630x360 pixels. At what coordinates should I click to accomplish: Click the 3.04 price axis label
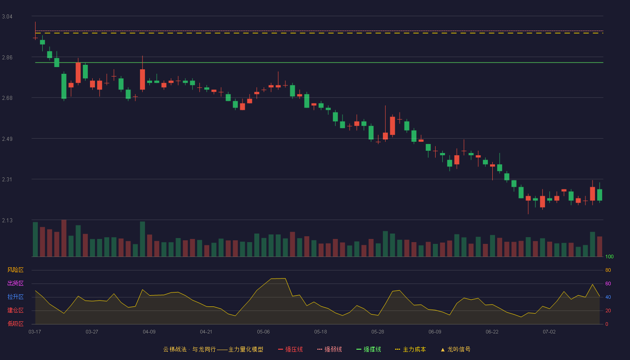(x=7, y=17)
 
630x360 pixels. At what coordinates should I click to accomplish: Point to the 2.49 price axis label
(x=7, y=139)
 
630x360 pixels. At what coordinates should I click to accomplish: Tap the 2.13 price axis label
(x=7, y=220)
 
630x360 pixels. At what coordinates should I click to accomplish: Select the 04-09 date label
(x=149, y=332)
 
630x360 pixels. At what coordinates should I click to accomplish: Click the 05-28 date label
(x=378, y=332)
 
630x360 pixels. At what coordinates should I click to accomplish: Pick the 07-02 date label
(x=549, y=332)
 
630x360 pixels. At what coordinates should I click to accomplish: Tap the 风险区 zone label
(x=15, y=270)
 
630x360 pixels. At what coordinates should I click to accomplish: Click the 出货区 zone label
(x=15, y=283)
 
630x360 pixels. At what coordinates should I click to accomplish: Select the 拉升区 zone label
(x=15, y=297)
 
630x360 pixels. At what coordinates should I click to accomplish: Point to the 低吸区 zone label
(x=15, y=324)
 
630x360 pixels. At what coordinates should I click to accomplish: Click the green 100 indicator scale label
(x=609, y=256)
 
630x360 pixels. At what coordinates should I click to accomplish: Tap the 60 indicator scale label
(x=608, y=283)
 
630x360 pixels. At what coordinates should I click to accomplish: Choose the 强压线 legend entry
(x=290, y=349)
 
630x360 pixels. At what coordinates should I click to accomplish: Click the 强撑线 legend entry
(x=369, y=349)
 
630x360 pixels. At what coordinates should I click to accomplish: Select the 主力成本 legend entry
(x=410, y=349)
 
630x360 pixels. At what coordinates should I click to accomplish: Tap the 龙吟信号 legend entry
(x=455, y=349)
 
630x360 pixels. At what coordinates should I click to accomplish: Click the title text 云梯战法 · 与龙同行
(x=189, y=349)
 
